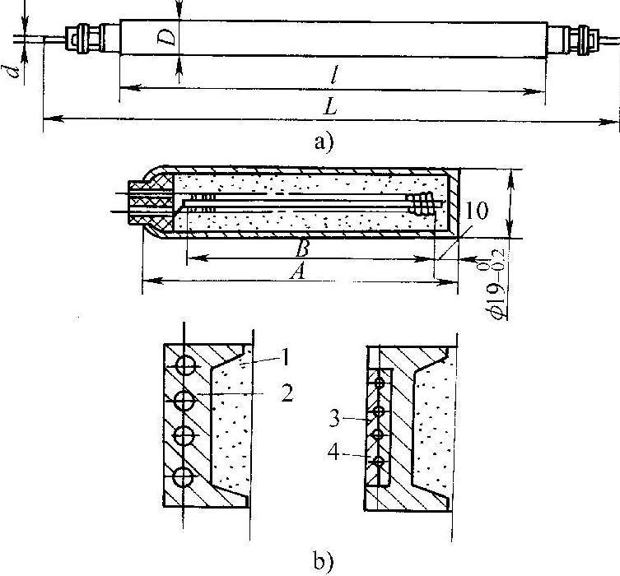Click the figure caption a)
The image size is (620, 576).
pos(324,141)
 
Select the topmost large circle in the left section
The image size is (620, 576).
pos(184,365)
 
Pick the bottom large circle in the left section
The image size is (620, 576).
pos(184,477)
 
